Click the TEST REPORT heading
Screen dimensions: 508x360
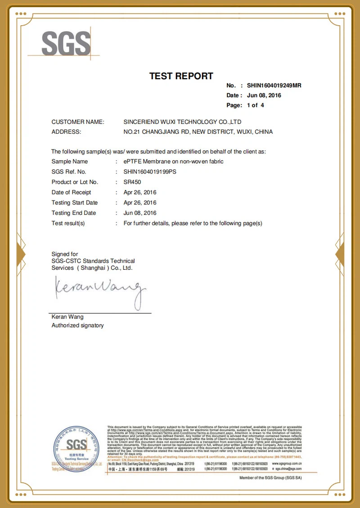coord(181,76)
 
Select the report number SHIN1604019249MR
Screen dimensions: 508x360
coord(274,86)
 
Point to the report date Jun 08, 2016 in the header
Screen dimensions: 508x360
coord(264,95)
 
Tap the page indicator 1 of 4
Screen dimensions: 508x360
coord(255,105)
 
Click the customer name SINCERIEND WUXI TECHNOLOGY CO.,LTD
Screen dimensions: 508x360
coord(182,122)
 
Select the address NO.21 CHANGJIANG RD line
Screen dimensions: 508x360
coord(198,132)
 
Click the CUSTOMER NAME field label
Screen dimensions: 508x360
coord(78,122)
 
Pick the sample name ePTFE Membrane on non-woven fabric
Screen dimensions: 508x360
coord(173,162)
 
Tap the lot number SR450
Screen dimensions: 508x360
coord(132,182)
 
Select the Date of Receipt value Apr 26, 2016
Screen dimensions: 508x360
coord(140,193)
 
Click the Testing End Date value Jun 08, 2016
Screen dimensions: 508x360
coord(140,213)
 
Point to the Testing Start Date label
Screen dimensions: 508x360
coord(75,203)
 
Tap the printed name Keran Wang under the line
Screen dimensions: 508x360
coord(67,317)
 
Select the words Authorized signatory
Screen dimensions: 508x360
coord(77,326)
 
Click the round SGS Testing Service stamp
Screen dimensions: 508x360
coord(76,448)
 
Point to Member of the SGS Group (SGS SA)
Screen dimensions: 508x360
coord(270,478)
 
